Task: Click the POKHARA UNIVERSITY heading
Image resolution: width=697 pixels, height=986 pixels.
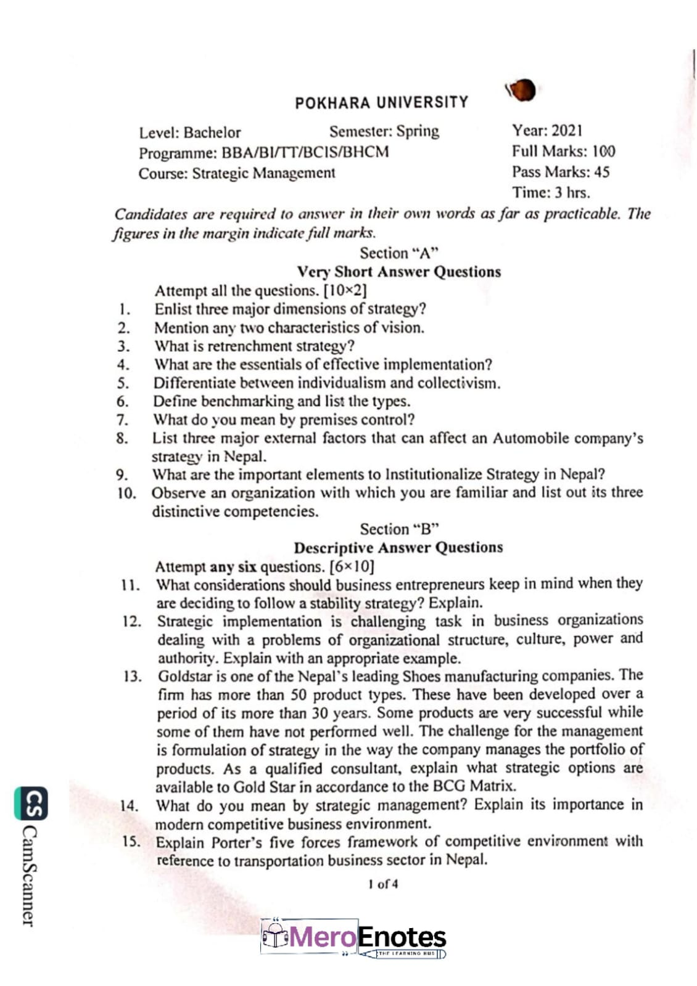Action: click(x=381, y=102)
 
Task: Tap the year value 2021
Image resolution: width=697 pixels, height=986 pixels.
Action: click(x=566, y=131)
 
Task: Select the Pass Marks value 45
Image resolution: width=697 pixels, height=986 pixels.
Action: click(x=601, y=172)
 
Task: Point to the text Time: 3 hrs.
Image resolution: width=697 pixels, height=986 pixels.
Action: click(x=550, y=192)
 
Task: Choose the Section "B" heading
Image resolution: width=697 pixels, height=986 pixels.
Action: click(x=399, y=529)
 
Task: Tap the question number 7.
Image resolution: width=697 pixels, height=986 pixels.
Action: click(x=123, y=420)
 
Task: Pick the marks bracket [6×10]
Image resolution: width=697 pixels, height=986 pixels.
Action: click(x=352, y=566)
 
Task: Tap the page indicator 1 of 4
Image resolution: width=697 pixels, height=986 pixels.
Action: click(x=383, y=884)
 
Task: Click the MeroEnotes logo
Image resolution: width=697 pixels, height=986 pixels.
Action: click(x=353, y=937)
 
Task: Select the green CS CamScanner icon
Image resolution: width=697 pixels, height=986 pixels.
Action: click(x=30, y=803)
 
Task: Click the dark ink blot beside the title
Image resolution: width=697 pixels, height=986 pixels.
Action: click(x=521, y=91)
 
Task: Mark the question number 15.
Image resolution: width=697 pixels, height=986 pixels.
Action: click(x=130, y=841)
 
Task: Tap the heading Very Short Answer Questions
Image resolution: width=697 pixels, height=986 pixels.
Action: click(x=398, y=271)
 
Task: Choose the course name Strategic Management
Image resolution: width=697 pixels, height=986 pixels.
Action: click(x=263, y=173)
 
